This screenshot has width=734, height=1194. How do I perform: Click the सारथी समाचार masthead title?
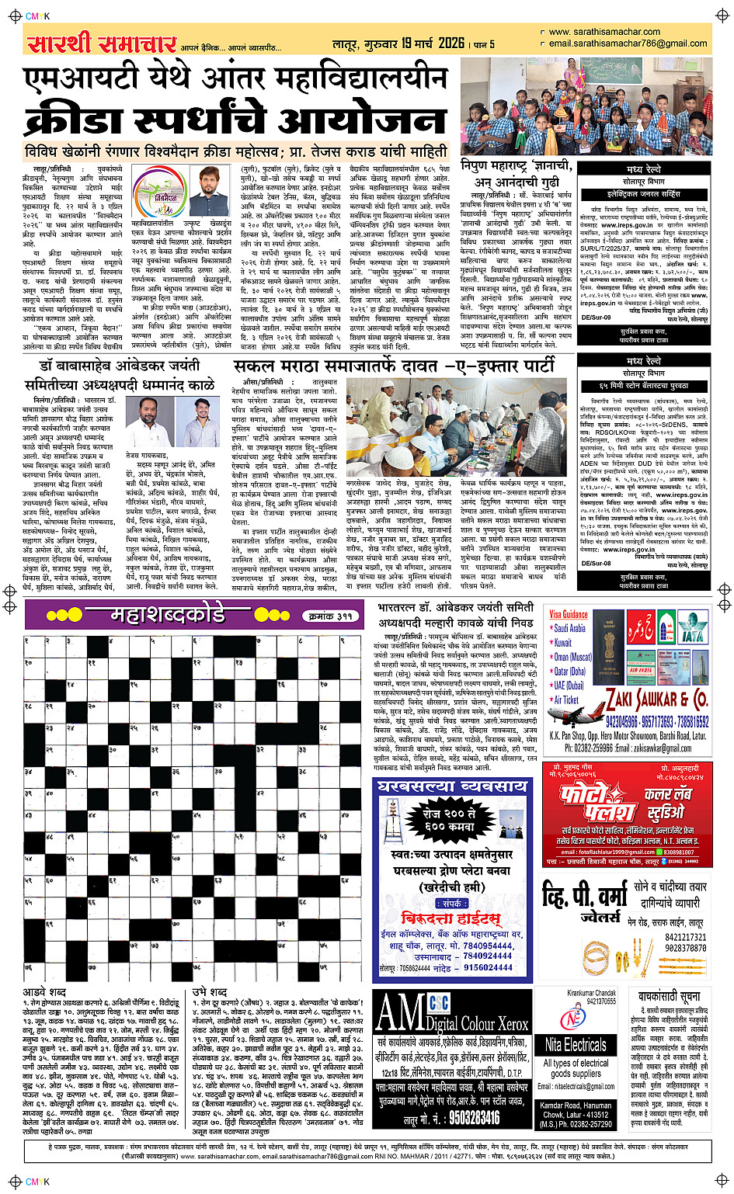click(102, 43)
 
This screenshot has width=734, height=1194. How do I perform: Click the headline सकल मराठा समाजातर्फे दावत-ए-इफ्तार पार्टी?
click(394, 366)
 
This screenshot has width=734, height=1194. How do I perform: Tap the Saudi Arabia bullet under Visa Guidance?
click(570, 628)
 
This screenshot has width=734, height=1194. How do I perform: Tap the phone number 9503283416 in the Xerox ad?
click(463, 1117)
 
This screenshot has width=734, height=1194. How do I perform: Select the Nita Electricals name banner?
click(575, 1044)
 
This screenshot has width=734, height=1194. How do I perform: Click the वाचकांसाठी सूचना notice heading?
click(669, 996)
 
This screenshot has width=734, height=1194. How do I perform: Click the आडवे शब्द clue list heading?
click(44, 991)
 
